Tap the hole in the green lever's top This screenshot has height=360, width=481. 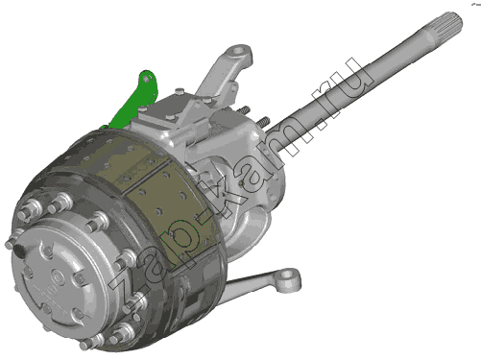point(146,79)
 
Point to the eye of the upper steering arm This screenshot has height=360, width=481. point(238,51)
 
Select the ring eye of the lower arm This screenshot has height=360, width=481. point(288,276)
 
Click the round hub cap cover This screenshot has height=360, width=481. point(55,276)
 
